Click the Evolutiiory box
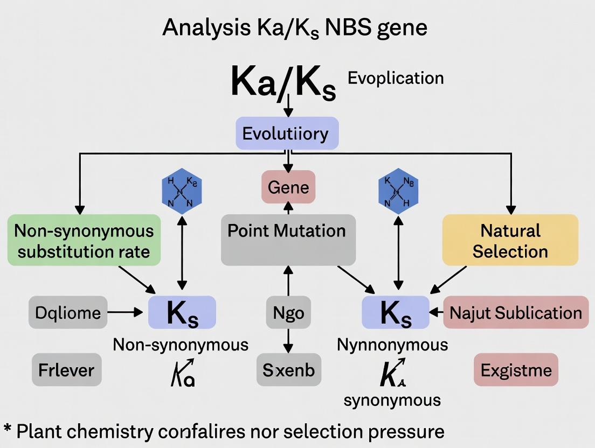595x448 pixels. coord(287,133)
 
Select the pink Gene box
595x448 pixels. coord(288,187)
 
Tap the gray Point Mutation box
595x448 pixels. coord(288,239)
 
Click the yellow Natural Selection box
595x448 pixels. coord(510,240)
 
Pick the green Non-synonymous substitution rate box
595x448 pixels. coord(84,240)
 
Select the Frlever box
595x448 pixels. coord(66,370)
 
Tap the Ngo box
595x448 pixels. coord(288,312)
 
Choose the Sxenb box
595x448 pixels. coord(288,370)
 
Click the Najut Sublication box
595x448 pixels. coord(515,312)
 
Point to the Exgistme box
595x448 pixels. coord(516,370)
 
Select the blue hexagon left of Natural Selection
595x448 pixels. coord(398,191)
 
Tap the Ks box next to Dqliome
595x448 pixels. coord(182,312)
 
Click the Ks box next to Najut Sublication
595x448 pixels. coord(395,312)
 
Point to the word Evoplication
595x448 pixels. coord(396,78)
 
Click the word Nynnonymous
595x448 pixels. coord(392,344)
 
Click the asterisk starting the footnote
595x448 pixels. coord(8,429)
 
